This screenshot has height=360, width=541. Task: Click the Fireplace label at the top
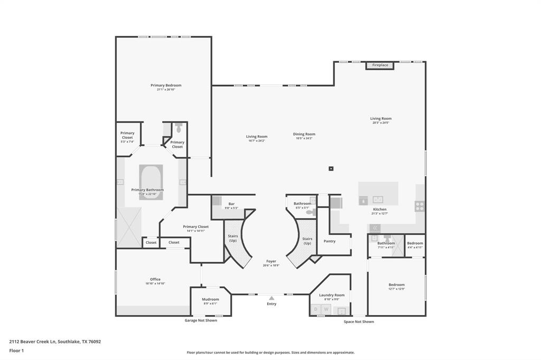pyautogui.click(x=380, y=65)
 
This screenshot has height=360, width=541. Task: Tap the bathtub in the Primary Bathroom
pyautogui.click(x=151, y=182)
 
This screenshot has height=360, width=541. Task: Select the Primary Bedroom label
pyautogui.click(x=166, y=85)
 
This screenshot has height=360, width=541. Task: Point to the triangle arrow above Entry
pyautogui.click(x=272, y=298)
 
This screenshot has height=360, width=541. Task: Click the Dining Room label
pyautogui.click(x=304, y=134)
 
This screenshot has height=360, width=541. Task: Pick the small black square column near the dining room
pyautogui.click(x=331, y=168)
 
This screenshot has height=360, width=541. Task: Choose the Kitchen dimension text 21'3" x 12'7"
pyautogui.click(x=380, y=214)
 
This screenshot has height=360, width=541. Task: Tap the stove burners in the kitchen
pyautogui.click(x=419, y=206)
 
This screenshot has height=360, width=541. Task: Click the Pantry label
pyautogui.click(x=330, y=241)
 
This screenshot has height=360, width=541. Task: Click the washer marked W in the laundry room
pyautogui.click(x=325, y=309)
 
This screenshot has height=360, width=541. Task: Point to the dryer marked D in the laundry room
pyautogui.click(x=316, y=309)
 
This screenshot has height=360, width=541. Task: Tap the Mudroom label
pyautogui.click(x=210, y=299)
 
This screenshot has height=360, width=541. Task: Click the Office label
pyautogui.click(x=155, y=279)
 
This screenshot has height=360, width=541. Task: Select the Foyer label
pyautogui.click(x=271, y=261)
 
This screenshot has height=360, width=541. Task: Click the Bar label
pyautogui.click(x=231, y=204)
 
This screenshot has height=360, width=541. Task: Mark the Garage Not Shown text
pyautogui.click(x=200, y=320)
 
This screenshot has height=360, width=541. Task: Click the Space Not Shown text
pyautogui.click(x=359, y=321)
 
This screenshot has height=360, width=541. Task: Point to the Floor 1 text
pyautogui.click(x=17, y=350)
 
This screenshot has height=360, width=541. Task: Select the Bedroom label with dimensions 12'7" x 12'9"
pyautogui.click(x=396, y=285)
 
